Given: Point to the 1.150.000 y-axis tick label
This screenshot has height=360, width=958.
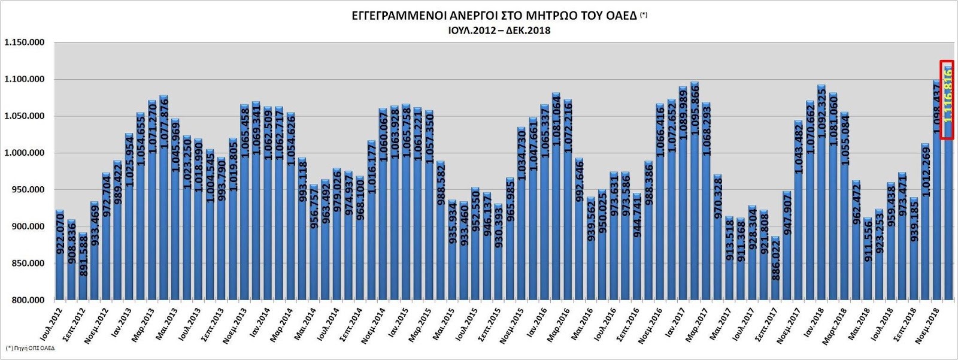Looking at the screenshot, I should coord(25,43).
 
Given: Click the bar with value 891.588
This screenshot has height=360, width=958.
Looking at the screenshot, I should coord(83,267).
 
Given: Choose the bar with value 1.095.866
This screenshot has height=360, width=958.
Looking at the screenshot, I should coord(694,192).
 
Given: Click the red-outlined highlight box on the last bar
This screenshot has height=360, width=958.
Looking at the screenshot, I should coord(947,100).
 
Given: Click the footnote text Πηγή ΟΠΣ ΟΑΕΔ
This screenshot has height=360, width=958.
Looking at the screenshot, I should coord(30,348).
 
